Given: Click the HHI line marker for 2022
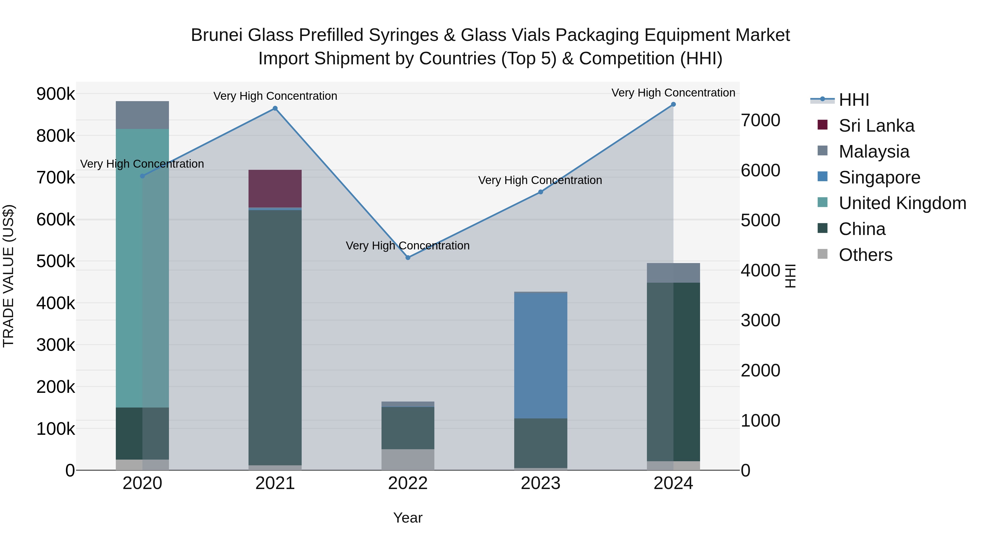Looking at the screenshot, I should (x=408, y=258).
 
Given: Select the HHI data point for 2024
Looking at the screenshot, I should (x=673, y=104).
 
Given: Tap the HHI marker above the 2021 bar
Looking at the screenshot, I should (x=275, y=108).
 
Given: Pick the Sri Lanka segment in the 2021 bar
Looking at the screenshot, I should (x=275, y=189).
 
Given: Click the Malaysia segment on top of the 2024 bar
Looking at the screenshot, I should (x=673, y=273).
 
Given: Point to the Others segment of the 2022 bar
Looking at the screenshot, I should (x=408, y=459).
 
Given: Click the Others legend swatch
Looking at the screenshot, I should (x=823, y=254).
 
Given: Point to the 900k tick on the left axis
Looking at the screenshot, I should (x=56, y=94).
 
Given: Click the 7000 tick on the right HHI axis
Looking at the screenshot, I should (x=760, y=120).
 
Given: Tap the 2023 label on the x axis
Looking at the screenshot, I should (x=540, y=483).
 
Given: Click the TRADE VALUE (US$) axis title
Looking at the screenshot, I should (x=8, y=276).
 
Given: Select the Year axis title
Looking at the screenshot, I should (x=408, y=518).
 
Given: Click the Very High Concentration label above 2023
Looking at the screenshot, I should (x=540, y=180).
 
